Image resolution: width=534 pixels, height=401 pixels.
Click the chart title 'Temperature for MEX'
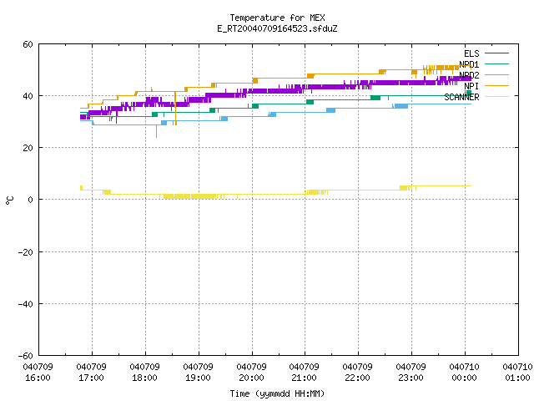coord(277,18)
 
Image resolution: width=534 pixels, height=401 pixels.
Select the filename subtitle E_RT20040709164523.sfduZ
coord(277,28)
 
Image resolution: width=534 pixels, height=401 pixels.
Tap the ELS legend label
coord(471,53)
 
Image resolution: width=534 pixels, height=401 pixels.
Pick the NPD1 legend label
coord(469,64)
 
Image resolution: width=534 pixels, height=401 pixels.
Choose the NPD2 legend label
coord(469,75)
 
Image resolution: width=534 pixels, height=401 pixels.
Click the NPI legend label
coord(471,86)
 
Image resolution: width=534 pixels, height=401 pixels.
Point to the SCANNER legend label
coord(461,97)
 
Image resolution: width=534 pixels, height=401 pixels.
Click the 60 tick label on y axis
coord(28,44)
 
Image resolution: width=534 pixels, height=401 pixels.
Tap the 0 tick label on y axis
coord(30,200)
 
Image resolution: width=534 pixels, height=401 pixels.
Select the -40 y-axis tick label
coord(26,304)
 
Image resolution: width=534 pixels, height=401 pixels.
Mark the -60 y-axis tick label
coord(26,356)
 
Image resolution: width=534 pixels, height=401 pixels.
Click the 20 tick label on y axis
coord(28,148)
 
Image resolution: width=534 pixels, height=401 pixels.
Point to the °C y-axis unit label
coord(10,200)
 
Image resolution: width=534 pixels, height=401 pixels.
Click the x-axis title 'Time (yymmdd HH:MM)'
coord(277,393)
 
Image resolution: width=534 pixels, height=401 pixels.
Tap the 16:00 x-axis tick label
coord(38,378)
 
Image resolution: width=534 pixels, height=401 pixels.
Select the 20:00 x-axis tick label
coord(251,378)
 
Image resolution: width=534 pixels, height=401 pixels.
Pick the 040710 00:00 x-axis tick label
coord(464,373)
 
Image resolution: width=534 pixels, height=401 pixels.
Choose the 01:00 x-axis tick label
coord(517,378)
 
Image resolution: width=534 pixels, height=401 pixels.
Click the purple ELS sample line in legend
coord(497,53)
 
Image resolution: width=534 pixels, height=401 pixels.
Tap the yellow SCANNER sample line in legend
coord(497,97)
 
